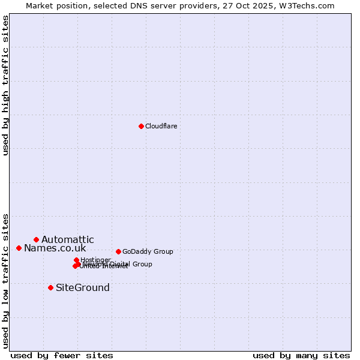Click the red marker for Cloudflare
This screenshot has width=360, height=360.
coord(141,126)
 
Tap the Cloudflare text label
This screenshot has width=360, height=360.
coord(161,126)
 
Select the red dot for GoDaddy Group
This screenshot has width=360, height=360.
coord(118,251)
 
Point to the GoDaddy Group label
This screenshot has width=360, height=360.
coord(148,251)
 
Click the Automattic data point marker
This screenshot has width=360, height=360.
coord(36,239)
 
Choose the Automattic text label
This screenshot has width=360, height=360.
coord(67,240)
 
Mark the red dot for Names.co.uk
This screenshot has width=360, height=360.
coord(19,248)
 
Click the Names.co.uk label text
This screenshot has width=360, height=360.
coord(55,248)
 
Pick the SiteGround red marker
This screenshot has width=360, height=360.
coord(50,287)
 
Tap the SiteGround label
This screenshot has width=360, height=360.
coord(83,288)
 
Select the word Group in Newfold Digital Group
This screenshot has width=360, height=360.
coord(142,264)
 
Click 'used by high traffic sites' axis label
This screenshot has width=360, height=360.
coord(6,85)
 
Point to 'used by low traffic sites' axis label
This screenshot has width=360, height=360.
coord(6,280)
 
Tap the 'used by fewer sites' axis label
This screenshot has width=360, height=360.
coord(62,355)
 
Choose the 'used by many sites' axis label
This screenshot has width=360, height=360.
coord(301,355)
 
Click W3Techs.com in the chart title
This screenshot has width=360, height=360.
coord(310,5)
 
